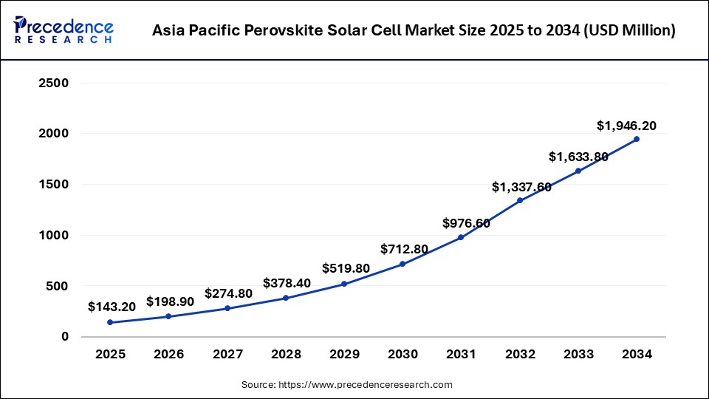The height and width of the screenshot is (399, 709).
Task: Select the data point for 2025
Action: click(x=110, y=322)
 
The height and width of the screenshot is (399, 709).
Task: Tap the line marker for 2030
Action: click(x=403, y=264)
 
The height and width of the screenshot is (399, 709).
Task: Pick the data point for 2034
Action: click(x=637, y=139)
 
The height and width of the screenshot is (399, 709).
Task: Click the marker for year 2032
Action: click(x=520, y=200)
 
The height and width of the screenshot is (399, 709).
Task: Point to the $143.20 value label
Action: click(x=111, y=306)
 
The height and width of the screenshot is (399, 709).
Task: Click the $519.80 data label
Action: click(x=346, y=268)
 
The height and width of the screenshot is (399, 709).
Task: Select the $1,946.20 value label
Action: click(x=626, y=126)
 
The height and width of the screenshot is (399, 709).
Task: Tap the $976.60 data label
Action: click(x=467, y=222)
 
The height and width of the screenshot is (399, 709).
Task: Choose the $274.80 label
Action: click(x=228, y=293)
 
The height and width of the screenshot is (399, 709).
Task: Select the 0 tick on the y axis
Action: click(x=65, y=336)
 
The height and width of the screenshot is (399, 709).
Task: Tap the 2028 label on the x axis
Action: click(x=286, y=355)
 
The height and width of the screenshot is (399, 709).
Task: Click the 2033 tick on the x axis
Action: click(x=578, y=355)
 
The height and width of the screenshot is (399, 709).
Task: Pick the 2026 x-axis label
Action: click(x=168, y=355)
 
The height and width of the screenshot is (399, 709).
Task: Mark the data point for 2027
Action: click(x=227, y=308)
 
